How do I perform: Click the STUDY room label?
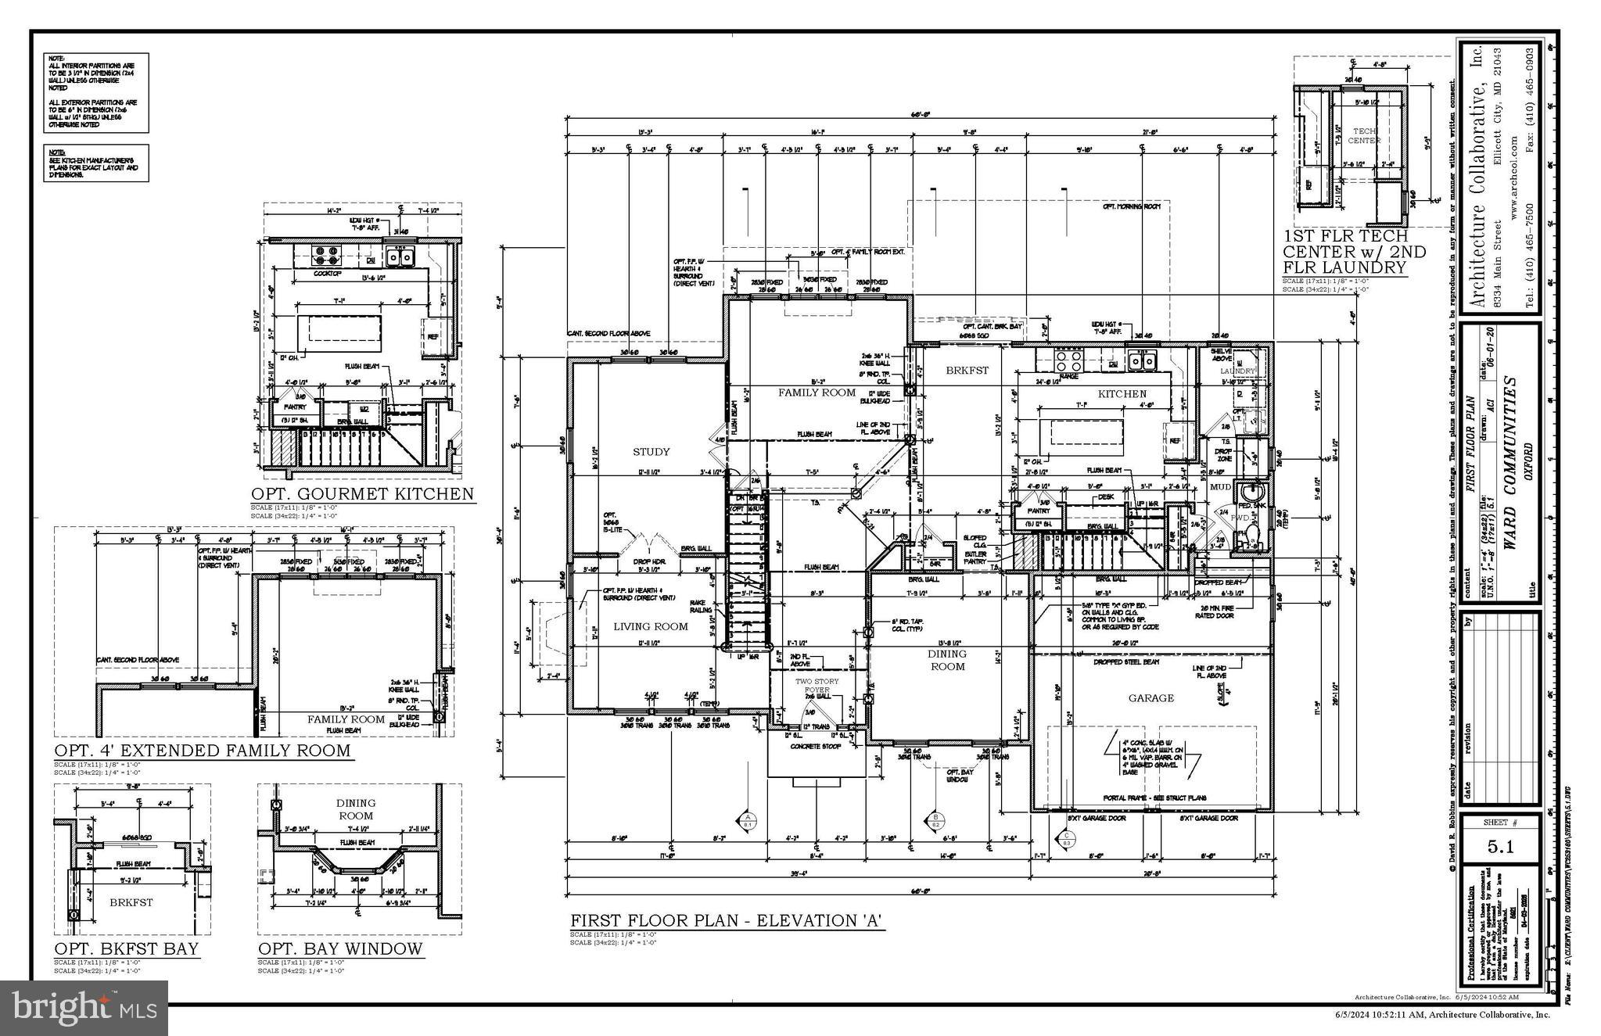[651, 452]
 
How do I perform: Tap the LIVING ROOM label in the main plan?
[650, 626]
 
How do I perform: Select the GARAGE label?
[1150, 698]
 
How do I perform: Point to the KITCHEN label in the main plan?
[1122, 394]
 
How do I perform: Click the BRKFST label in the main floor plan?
[967, 371]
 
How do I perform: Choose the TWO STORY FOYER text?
[817, 686]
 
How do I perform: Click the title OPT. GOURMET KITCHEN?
[362, 494]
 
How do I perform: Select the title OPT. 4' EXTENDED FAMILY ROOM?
[202, 751]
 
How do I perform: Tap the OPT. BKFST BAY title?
[127, 949]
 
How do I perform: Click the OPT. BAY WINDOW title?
[340, 949]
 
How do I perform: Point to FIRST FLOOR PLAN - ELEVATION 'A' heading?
[727, 921]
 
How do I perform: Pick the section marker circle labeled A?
[746, 819]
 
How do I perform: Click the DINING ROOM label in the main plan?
[947, 660]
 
